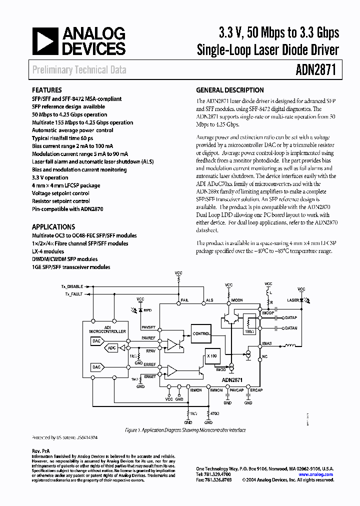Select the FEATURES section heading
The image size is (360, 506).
click(x=47, y=90)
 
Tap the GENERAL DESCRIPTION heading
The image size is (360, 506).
click(x=229, y=90)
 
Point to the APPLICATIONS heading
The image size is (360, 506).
click(x=53, y=226)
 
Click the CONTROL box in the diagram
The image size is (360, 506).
click(x=201, y=333)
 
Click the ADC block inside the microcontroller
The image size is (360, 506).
click(x=112, y=347)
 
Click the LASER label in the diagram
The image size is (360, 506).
click(x=293, y=300)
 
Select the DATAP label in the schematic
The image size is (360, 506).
click(x=290, y=317)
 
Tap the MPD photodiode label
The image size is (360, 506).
click(x=147, y=310)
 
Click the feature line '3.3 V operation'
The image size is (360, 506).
click(x=50, y=177)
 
